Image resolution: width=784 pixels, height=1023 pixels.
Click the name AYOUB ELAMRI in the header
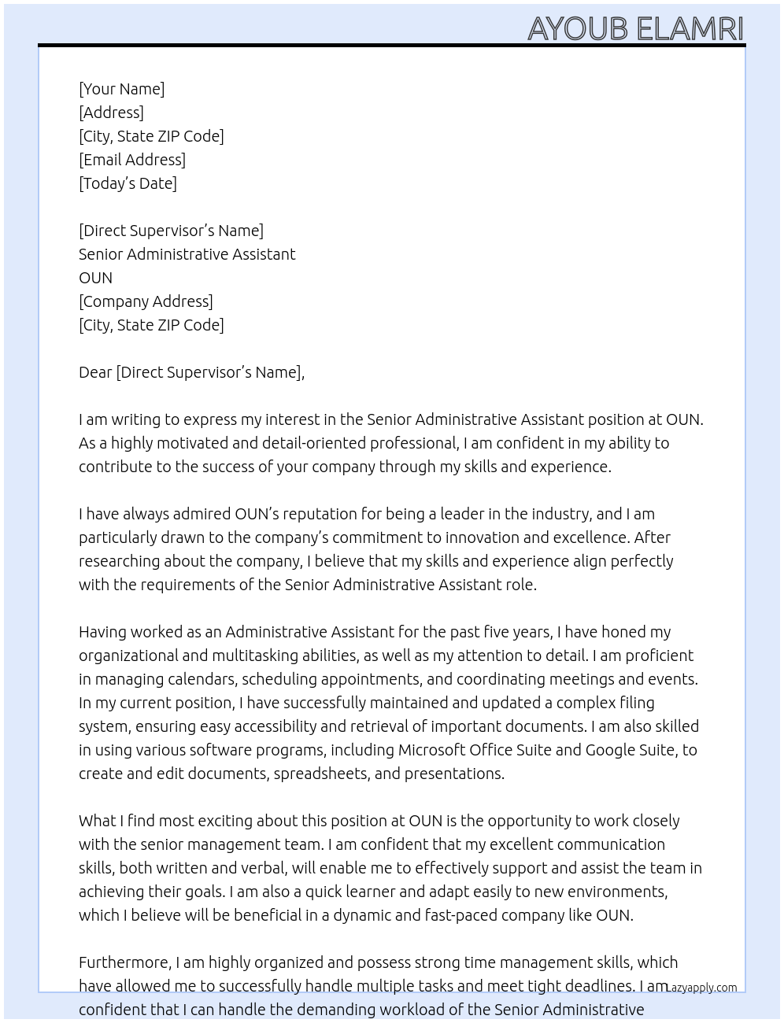[635, 28]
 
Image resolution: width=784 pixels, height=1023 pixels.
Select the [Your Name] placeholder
[121, 89]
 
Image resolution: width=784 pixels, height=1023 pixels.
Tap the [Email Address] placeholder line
[132, 160]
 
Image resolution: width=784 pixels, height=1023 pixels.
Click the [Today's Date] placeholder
[128, 183]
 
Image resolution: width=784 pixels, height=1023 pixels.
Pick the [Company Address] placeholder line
[146, 301]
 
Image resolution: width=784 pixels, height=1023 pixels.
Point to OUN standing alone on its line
[95, 278]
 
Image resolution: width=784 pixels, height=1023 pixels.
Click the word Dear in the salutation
[95, 372]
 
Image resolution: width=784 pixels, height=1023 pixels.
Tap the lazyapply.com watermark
[701, 988]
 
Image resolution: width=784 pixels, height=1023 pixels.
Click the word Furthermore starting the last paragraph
[124, 962]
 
